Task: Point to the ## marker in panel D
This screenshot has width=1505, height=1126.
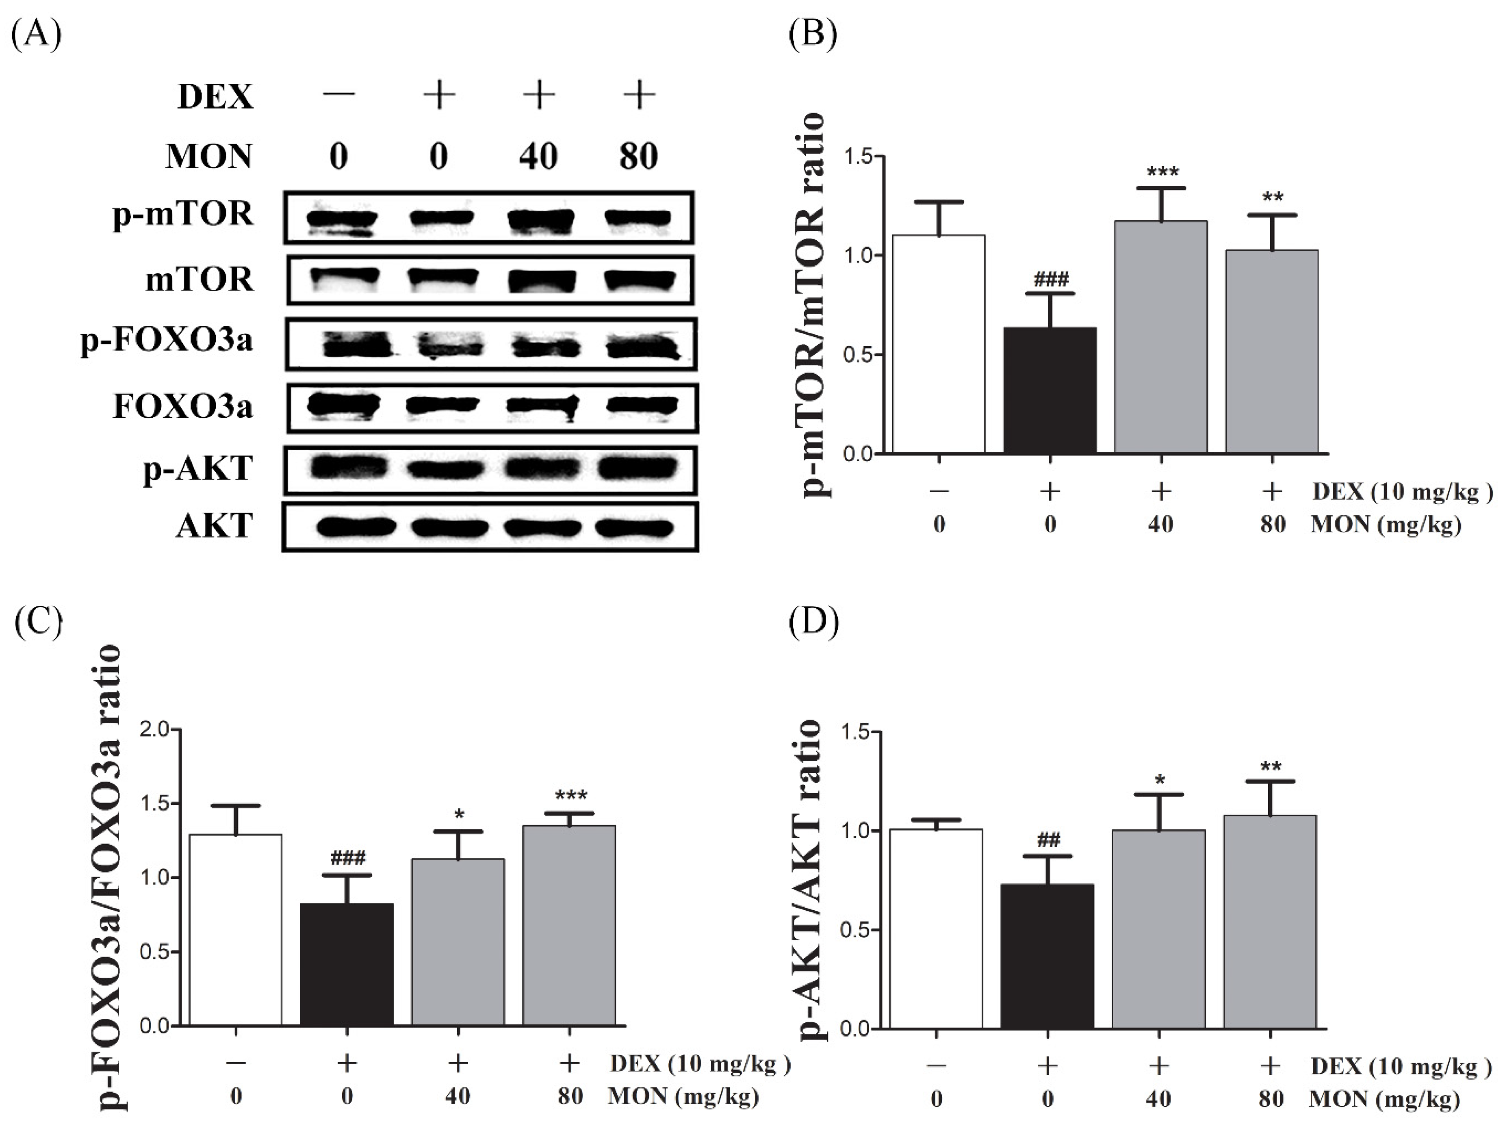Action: [x=1048, y=840]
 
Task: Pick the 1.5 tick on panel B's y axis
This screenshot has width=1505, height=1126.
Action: [x=859, y=156]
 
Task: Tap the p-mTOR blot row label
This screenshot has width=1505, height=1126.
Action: [x=182, y=214]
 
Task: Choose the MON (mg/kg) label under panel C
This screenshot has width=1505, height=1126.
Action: [x=683, y=1096]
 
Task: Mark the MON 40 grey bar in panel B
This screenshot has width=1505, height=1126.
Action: [x=1161, y=337]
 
